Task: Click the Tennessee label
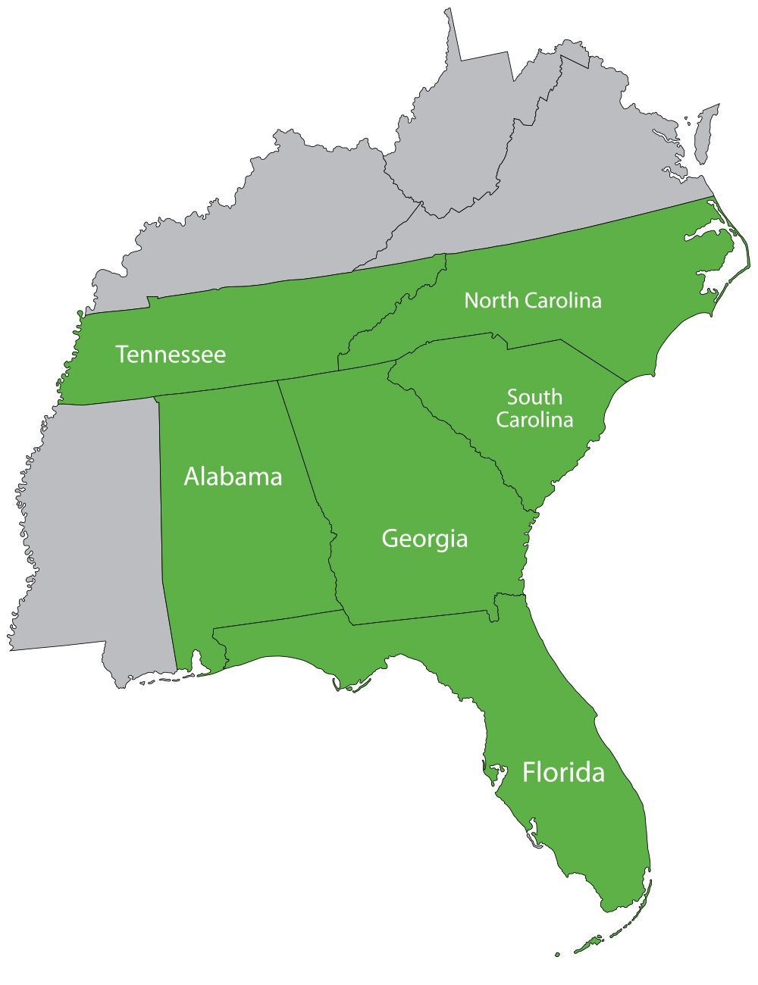click(x=171, y=354)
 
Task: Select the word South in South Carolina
click(x=534, y=397)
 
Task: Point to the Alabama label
click(x=233, y=477)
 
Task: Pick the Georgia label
click(x=424, y=539)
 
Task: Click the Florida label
click(x=563, y=772)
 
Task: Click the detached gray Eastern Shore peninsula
click(x=707, y=133)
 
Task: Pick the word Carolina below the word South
click(x=534, y=420)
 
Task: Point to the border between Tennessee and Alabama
click(x=220, y=389)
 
